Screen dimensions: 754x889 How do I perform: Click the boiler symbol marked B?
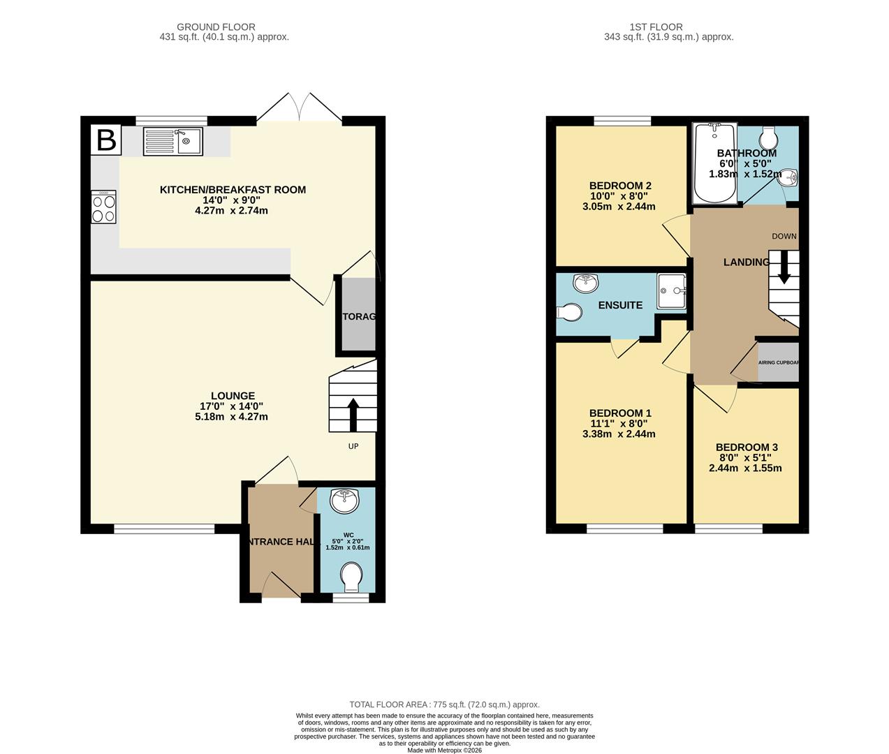(106, 140)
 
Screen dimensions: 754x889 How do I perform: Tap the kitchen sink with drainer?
(172, 142)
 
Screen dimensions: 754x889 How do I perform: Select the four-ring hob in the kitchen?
(103, 207)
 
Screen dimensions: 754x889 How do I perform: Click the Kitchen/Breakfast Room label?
(233, 190)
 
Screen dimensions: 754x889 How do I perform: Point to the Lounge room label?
(233, 396)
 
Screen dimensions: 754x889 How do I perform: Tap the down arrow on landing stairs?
(784, 267)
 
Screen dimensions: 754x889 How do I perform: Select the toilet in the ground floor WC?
(351, 577)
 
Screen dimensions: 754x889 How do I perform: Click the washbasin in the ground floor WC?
(344, 501)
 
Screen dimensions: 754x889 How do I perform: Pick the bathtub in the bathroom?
(713, 164)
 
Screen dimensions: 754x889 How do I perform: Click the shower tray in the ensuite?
(671, 291)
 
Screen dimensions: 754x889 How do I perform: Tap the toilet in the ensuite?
(569, 312)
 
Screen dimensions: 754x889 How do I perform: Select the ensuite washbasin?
(585, 283)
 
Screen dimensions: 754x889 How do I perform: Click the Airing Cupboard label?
(779, 363)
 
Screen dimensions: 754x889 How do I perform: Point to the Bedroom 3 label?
(747, 448)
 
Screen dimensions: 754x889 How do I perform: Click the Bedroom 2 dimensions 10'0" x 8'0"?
(619, 196)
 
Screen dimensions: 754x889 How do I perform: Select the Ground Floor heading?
(216, 27)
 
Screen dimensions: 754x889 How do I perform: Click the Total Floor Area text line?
(444, 705)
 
